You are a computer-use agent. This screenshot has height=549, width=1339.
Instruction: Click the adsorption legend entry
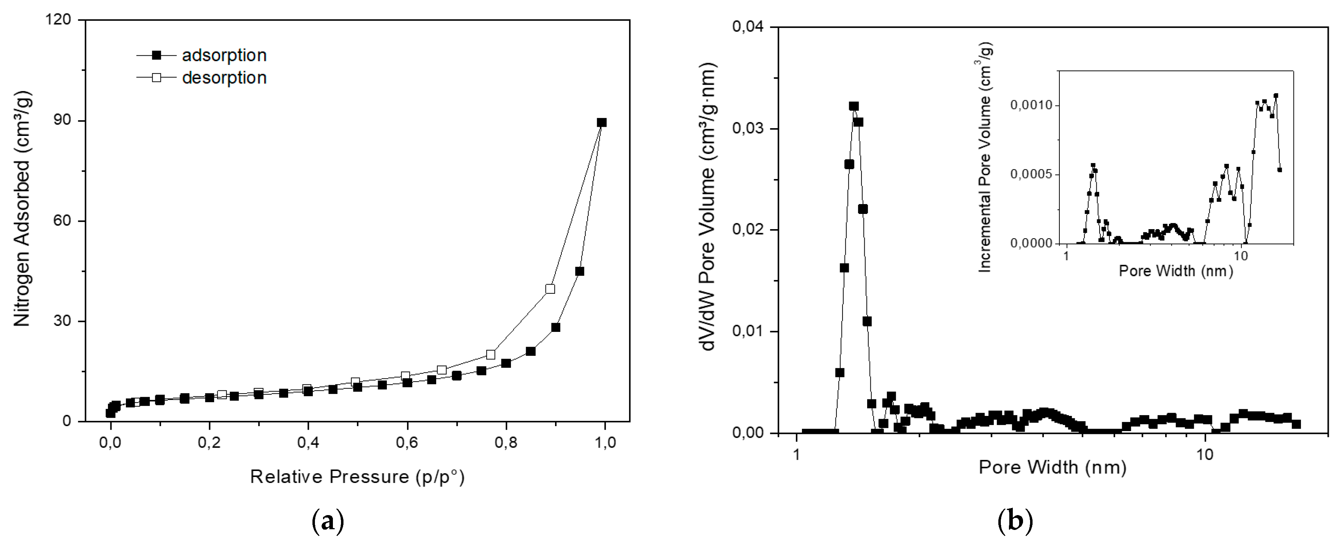click(x=224, y=55)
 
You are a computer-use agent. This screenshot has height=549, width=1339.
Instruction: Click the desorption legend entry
click(x=224, y=78)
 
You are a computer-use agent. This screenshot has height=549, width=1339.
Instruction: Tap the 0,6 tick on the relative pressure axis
click(x=407, y=442)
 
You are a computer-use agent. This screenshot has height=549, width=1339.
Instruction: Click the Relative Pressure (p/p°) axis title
click(x=357, y=477)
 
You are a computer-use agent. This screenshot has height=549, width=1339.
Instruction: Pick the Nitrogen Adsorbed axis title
click(x=22, y=208)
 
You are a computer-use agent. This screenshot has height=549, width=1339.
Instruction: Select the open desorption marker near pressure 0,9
click(x=550, y=289)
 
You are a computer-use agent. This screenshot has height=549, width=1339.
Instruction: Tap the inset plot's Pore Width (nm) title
click(x=1175, y=271)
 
